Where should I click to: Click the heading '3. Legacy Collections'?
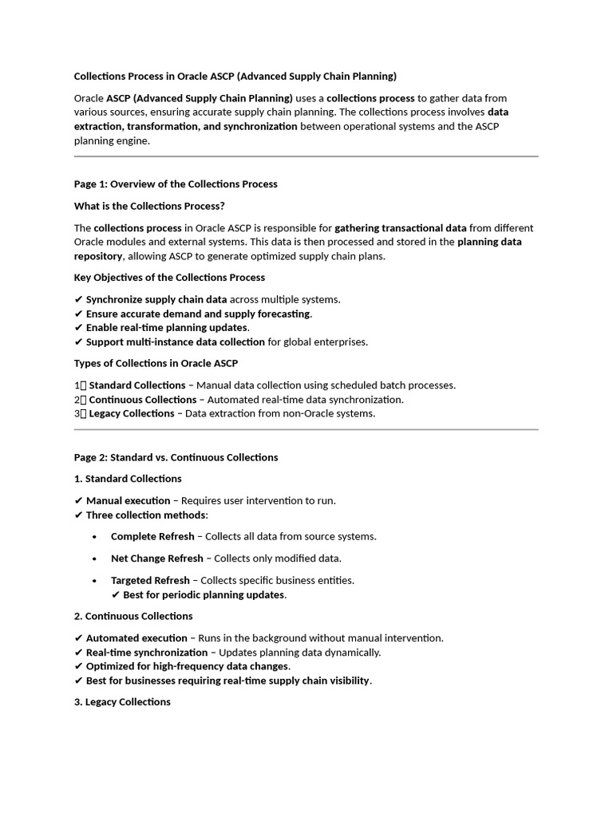point(122,702)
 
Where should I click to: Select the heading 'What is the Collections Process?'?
point(149,206)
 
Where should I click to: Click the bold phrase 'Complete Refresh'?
point(152,536)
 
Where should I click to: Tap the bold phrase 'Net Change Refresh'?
point(157,558)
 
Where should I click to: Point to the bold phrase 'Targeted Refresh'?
point(150,580)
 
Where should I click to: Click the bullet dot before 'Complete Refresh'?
point(96,537)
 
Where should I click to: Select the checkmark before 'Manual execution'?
point(78,501)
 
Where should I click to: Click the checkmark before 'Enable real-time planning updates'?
point(78,328)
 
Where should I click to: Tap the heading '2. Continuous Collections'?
point(133,616)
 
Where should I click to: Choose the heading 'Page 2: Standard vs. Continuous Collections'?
point(176,457)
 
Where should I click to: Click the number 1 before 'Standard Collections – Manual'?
point(77,385)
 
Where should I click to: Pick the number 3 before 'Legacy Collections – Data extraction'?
point(77,413)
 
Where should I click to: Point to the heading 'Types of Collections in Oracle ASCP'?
point(156,364)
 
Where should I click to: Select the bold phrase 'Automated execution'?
point(136,638)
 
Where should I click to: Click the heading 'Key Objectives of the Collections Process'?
point(169,278)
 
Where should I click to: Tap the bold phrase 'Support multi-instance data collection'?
point(175,342)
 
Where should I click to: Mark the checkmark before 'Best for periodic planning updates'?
point(116,595)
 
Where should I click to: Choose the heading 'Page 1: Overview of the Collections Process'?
point(176,184)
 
